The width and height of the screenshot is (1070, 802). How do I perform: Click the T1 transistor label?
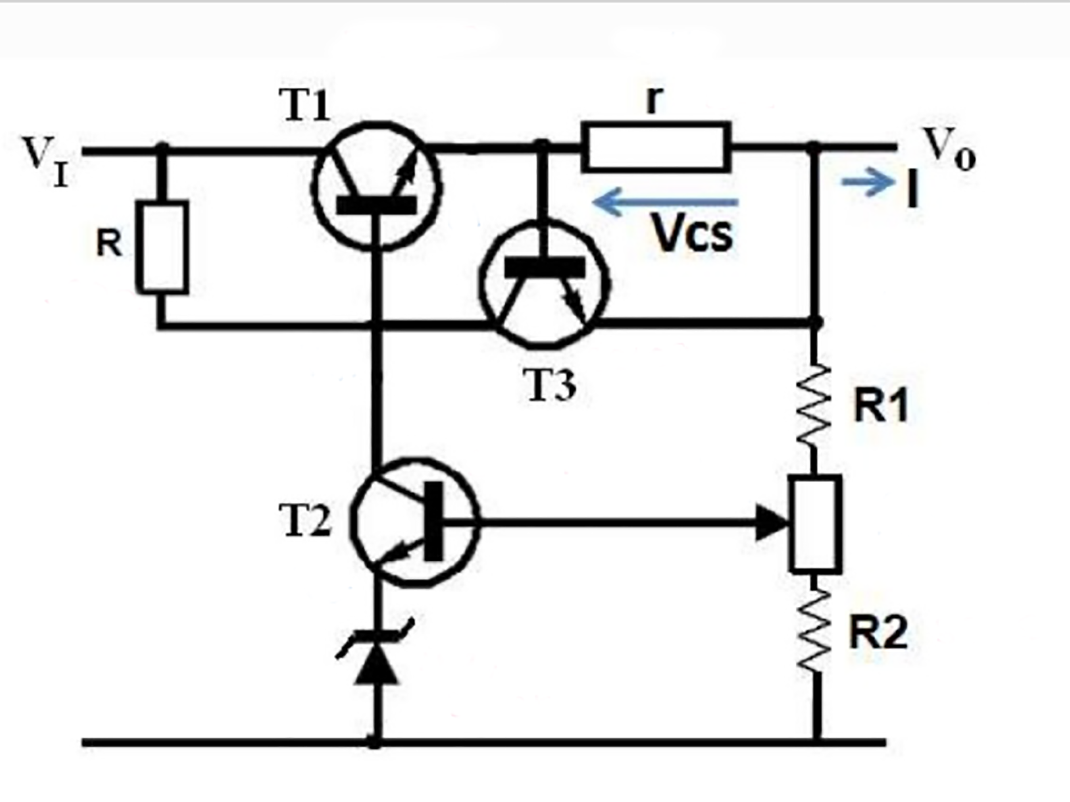[x=306, y=105]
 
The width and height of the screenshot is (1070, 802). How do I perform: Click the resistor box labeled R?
[x=162, y=247]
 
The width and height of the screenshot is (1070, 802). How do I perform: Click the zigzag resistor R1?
[x=814, y=405]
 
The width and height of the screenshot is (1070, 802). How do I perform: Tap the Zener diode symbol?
[x=376, y=658]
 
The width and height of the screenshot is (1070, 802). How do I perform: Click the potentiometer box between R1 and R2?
[x=815, y=524]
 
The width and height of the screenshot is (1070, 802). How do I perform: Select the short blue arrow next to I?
[x=868, y=182]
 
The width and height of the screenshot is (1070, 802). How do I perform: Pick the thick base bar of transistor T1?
[x=376, y=205]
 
